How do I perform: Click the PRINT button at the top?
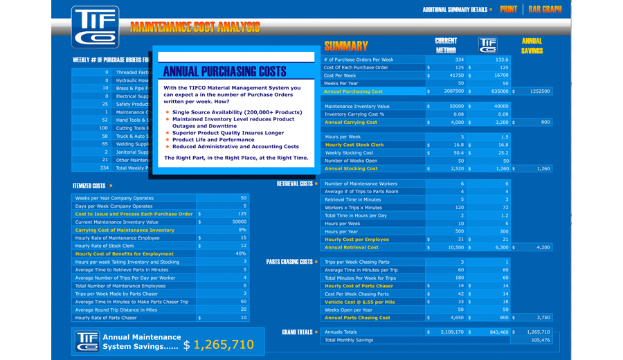pyautogui.click(x=508, y=10)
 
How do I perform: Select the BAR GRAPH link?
pyautogui.click(x=545, y=10)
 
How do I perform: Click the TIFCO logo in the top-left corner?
pyautogui.click(x=95, y=26)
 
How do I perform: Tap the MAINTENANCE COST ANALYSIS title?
pyautogui.click(x=195, y=28)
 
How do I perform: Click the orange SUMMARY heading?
pyautogui.click(x=346, y=46)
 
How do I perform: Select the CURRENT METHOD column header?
pyautogui.click(x=446, y=46)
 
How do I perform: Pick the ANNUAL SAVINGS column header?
pyautogui.click(x=532, y=46)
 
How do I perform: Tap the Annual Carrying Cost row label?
pyautogui.click(x=351, y=123)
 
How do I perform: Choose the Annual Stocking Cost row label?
pyautogui.click(x=351, y=168)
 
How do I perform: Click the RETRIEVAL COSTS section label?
pyautogui.click(x=295, y=183)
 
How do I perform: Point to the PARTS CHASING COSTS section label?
pyautogui.click(x=289, y=262)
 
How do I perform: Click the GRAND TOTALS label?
pyautogui.click(x=298, y=332)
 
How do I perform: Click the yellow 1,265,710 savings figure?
pyautogui.click(x=224, y=344)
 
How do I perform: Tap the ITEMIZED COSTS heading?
pyautogui.click(x=89, y=186)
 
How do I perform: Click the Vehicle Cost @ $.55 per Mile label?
pyautogui.click(x=359, y=302)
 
